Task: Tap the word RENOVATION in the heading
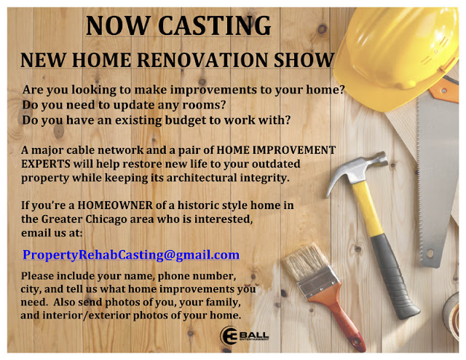pyautogui.click(x=202, y=60)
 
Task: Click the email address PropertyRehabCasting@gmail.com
pyautogui.click(x=131, y=255)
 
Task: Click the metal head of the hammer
pyautogui.click(x=357, y=171)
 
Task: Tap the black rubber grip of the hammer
pyautogui.click(x=395, y=276)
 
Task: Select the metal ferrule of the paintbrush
pyautogui.click(x=318, y=282)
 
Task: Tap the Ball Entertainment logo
pyautogui.click(x=245, y=336)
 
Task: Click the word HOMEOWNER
pyautogui.click(x=115, y=206)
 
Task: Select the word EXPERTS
pyautogui.click(x=46, y=164)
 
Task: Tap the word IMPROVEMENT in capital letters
pyautogui.click(x=294, y=150)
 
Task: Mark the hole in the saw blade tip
pyautogui.click(x=430, y=254)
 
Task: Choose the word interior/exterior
pyautogui.click(x=87, y=316)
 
